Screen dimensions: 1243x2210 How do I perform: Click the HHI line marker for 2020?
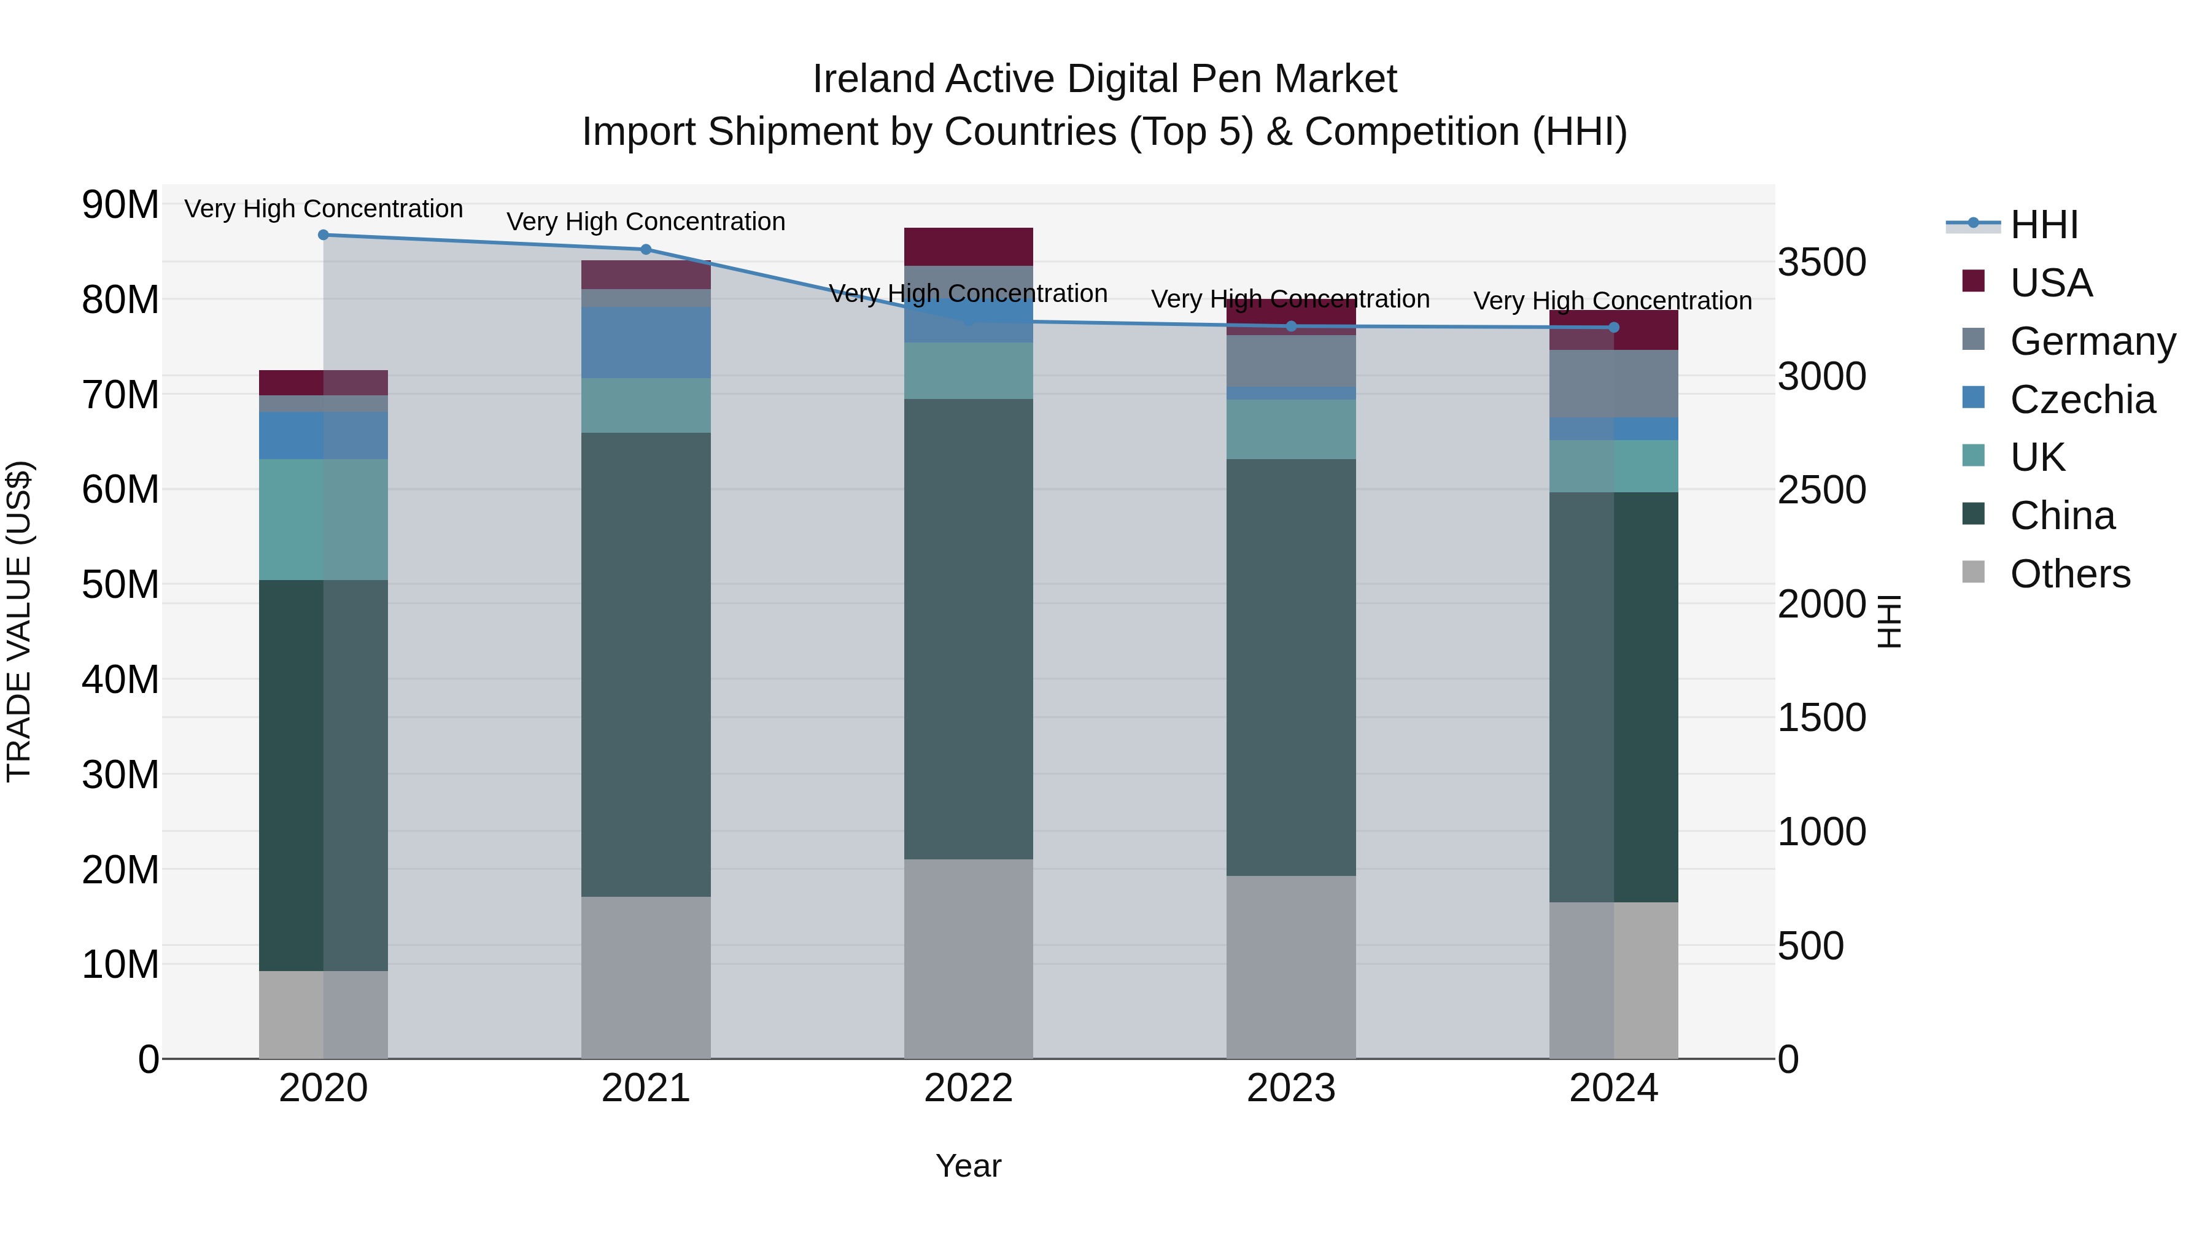click(324, 235)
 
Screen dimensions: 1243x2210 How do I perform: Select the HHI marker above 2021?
click(646, 250)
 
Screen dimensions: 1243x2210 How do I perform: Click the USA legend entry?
click(2050, 283)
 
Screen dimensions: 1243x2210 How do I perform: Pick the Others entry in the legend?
click(2069, 574)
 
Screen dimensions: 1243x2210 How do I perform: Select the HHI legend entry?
click(2044, 225)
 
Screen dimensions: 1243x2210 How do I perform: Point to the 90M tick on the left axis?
click(120, 205)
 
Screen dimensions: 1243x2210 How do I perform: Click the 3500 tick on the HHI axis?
click(1821, 263)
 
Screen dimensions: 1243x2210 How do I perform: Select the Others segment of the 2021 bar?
click(646, 977)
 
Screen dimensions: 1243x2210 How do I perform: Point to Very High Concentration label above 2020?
click(324, 209)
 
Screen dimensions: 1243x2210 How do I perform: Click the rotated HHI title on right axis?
click(1889, 621)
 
